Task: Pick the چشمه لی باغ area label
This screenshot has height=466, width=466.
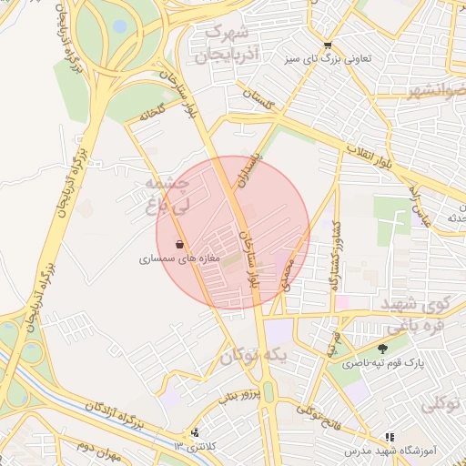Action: point(164,195)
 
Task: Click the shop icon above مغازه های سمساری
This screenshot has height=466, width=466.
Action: point(179,244)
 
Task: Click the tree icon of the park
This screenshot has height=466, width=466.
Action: point(382,348)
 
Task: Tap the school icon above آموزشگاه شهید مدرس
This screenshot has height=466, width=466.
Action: point(390,438)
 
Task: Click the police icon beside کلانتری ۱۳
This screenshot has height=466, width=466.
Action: point(195,432)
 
